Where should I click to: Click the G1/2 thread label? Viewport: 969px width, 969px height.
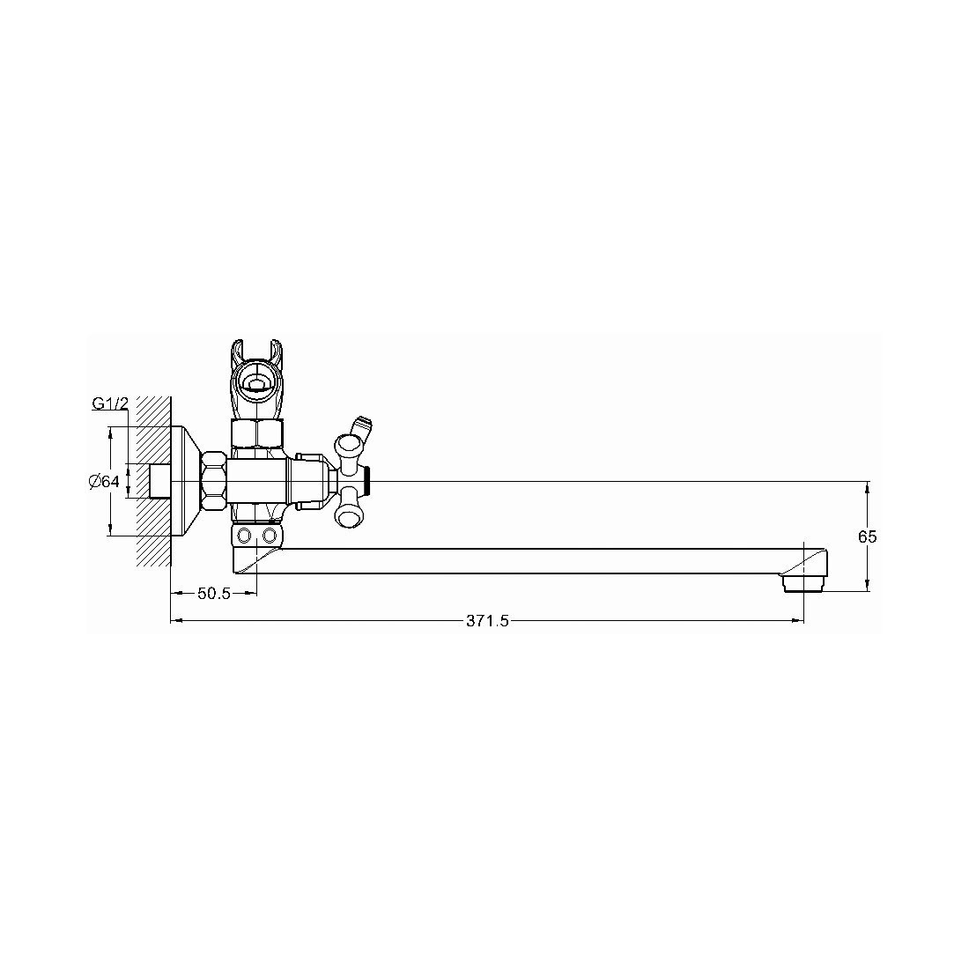coord(110,403)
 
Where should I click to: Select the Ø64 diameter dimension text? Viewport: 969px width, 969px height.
coord(103,481)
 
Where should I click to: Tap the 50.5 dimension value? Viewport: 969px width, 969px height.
coord(214,594)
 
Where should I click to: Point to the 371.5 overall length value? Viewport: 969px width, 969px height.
coord(488,621)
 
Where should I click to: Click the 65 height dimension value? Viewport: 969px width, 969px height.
coord(867,537)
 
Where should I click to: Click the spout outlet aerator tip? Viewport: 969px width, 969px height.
coord(802,584)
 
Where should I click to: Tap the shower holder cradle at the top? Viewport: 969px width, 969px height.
coord(257,376)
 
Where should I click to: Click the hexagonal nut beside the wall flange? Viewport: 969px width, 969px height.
coord(213,481)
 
